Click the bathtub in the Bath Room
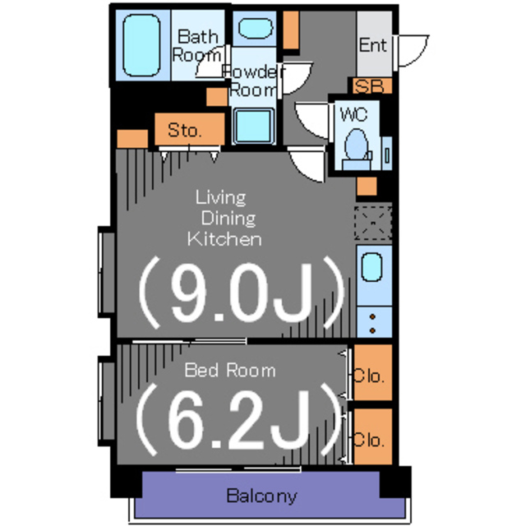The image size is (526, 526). pos(141,45)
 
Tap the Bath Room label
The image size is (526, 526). pos(197,46)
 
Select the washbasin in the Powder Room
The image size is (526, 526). pos(255,28)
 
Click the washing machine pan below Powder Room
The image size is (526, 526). pos(254,126)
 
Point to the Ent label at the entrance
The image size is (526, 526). pos(372,45)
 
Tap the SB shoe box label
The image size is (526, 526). pos(369,86)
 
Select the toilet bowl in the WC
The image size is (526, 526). pos(357,145)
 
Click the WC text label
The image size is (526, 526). pos(353,114)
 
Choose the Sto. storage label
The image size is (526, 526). pos(184,130)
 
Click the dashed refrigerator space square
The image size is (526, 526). pos(373,223)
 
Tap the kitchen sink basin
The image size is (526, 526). pos(372,267)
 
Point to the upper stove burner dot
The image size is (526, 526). pos(372,316)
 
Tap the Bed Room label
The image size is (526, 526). pos(230,370)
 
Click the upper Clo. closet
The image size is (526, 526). pos(372,372)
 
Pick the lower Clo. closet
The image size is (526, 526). pos(372,436)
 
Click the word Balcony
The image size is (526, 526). pos(261,496)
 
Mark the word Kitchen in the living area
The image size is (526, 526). pos(224,239)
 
